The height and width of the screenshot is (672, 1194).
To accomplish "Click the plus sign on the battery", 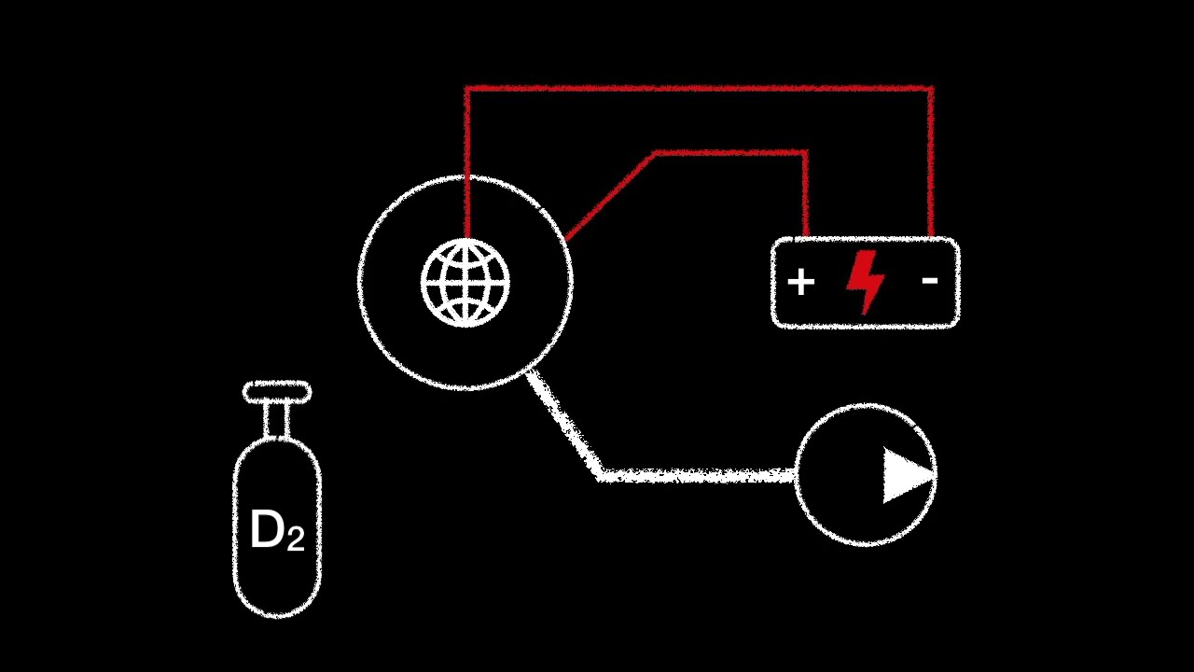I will point(800,282).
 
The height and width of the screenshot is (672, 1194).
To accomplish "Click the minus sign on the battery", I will point(929,279).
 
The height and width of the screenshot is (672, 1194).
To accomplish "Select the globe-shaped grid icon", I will point(465,283).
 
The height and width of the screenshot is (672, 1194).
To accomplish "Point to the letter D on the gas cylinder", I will point(266,530).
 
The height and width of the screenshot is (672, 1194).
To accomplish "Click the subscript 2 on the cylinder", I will point(295,539).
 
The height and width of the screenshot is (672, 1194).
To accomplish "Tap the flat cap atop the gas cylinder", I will point(277,392).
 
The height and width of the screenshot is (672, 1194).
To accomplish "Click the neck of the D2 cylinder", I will point(277,421).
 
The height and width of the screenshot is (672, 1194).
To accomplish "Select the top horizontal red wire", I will point(700,89).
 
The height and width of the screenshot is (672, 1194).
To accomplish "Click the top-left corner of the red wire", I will point(466,89).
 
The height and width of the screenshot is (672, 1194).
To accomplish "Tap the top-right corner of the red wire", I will point(931,89).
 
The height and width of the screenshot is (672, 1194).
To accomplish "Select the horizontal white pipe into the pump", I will point(700,476).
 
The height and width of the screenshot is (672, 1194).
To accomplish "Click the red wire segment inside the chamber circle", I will point(466,210).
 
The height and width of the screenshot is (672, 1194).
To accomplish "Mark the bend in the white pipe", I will point(599,475).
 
